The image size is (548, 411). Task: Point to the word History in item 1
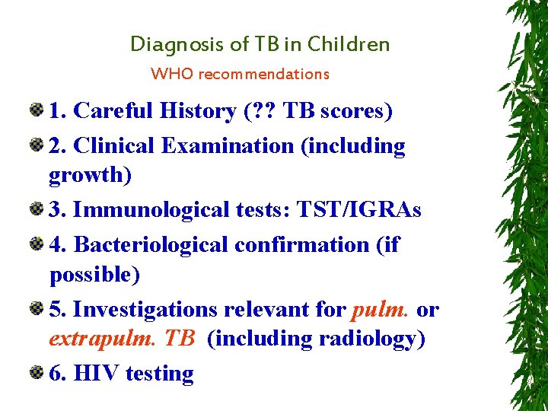[199, 111]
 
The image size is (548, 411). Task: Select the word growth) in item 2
[90, 175]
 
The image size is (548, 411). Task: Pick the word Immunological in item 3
[147, 209]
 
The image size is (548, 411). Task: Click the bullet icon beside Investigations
[36, 309]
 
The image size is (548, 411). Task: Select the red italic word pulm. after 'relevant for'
[381, 310]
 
